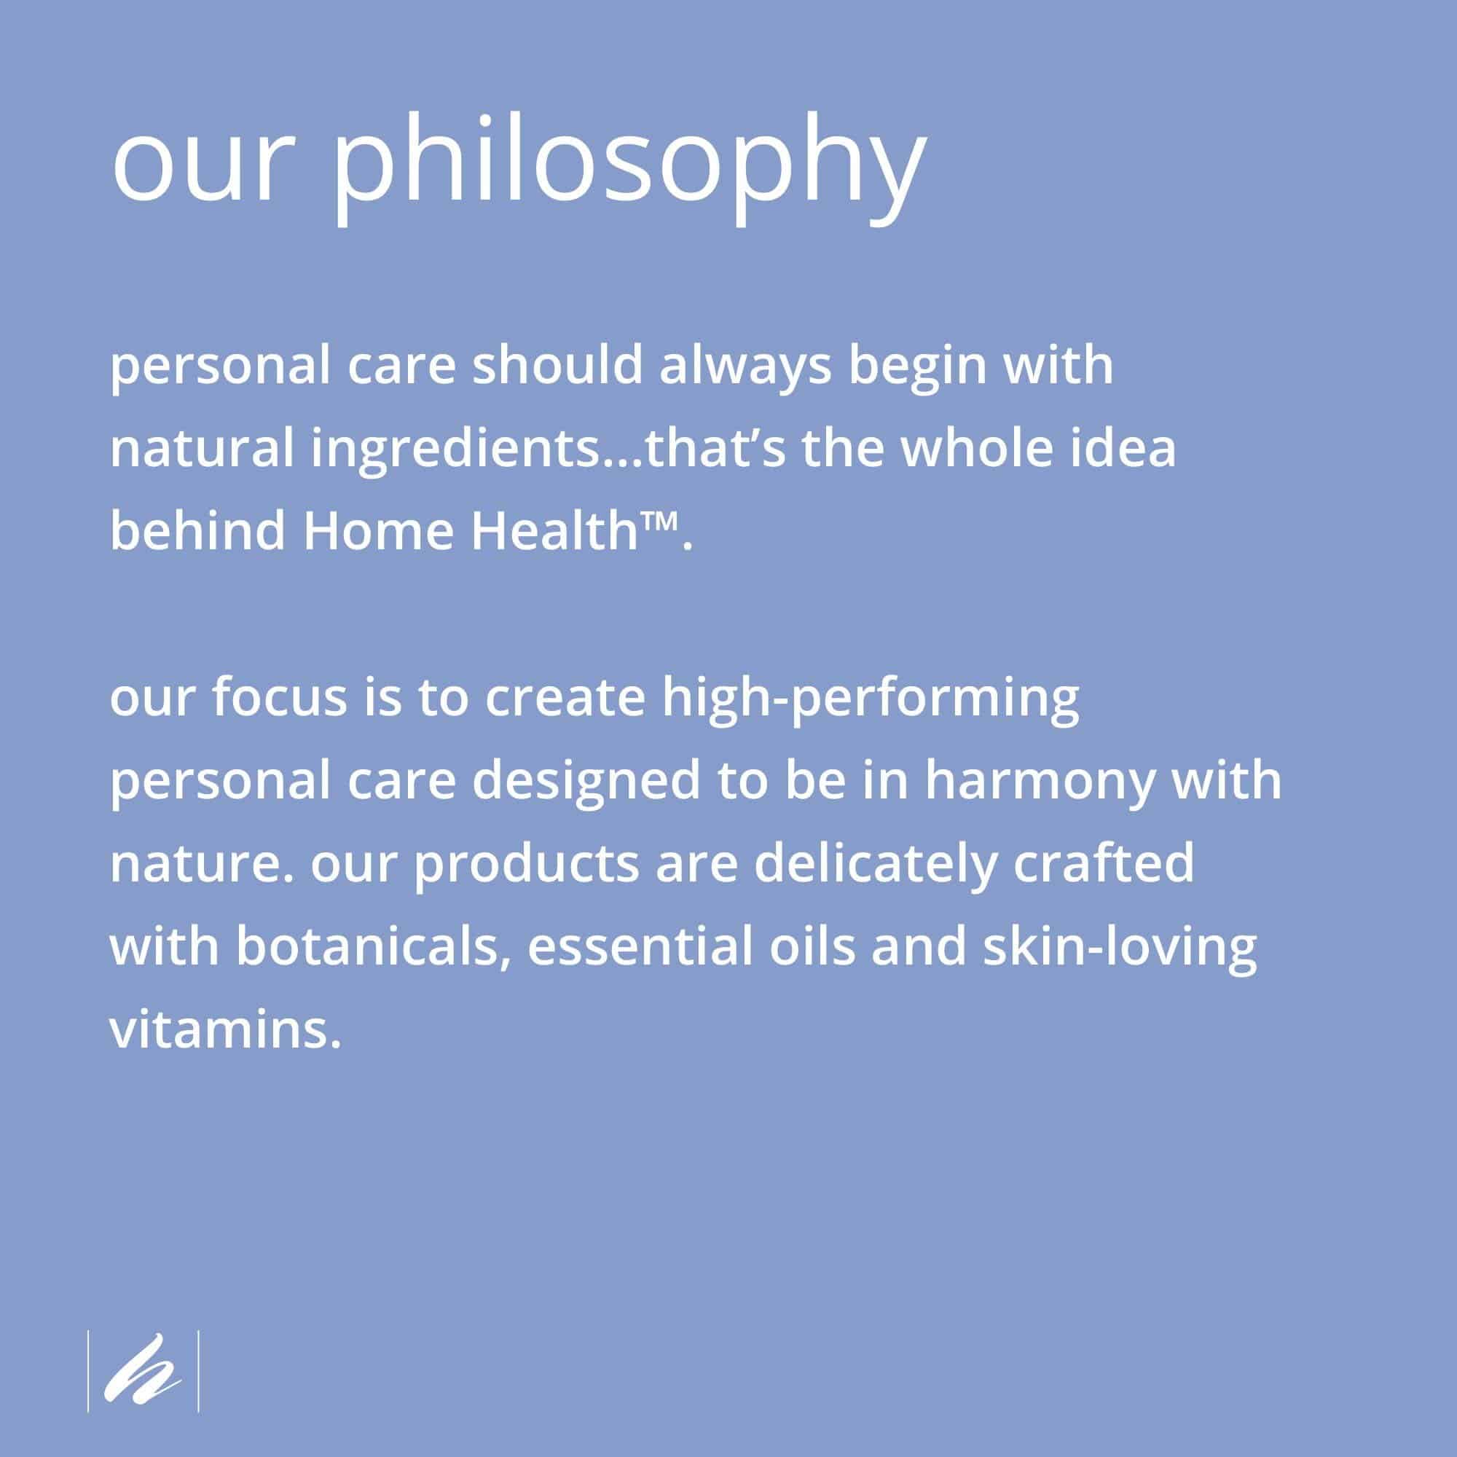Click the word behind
198,530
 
